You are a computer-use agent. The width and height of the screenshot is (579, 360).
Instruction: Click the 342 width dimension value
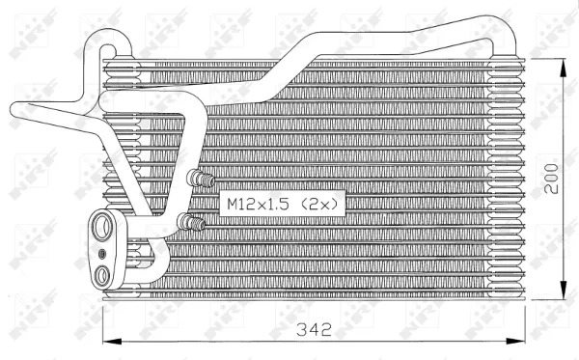[x=313, y=329]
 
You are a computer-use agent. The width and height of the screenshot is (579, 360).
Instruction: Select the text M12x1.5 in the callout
[x=258, y=205]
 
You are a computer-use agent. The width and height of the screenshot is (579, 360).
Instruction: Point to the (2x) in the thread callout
[x=320, y=205]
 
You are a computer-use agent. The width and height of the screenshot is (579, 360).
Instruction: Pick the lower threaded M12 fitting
[x=194, y=224]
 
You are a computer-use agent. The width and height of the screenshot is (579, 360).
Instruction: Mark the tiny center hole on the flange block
[x=102, y=254]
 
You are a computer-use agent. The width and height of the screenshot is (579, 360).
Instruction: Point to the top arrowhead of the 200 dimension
[x=564, y=63]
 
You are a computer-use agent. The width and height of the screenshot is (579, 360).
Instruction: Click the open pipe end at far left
[x=16, y=114]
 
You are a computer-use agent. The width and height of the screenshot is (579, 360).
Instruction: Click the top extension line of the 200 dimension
[x=545, y=57]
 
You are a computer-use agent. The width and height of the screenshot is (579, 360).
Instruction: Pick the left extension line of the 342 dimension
[x=102, y=323]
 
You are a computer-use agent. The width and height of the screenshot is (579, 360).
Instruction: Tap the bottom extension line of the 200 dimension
[x=545, y=298]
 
